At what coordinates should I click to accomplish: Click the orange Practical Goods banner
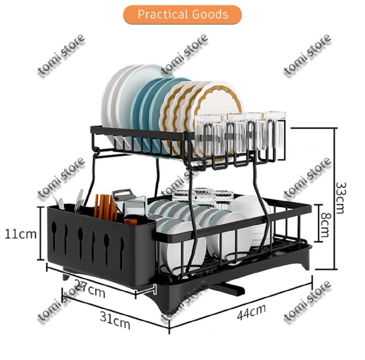pos(182,14)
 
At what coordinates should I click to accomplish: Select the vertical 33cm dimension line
pos(335,198)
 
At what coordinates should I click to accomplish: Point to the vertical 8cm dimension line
pos(318,223)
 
